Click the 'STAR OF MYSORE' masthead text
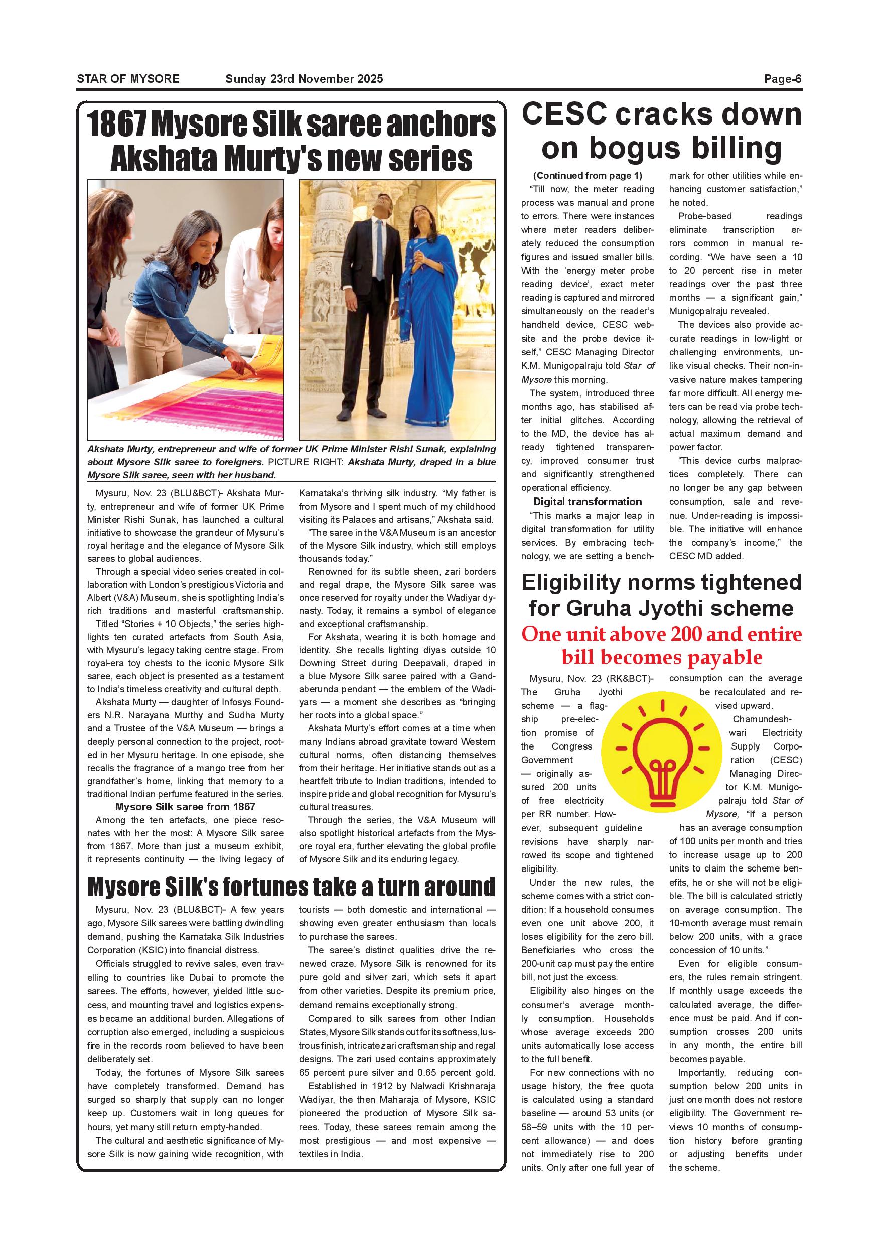coord(128,79)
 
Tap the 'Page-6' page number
coord(783,79)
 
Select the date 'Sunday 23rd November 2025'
coord(304,79)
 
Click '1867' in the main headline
coord(116,125)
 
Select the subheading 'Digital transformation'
coord(588,502)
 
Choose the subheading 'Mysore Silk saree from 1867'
coord(185,807)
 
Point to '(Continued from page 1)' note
coord(588,176)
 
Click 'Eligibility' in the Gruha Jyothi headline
coord(578,583)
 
